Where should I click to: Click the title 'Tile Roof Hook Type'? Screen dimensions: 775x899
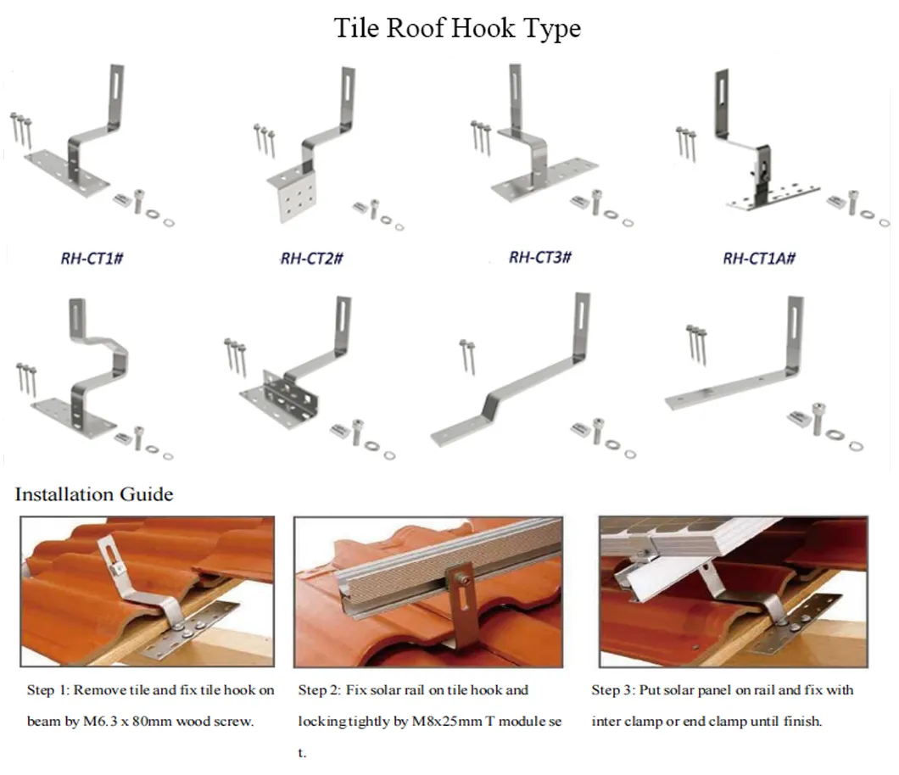pos(457,28)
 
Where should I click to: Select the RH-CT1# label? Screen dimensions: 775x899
pos(90,258)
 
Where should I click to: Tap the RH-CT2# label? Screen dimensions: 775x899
pos(311,258)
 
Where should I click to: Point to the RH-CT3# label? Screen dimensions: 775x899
pos(539,257)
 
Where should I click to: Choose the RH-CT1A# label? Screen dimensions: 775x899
pos(758,258)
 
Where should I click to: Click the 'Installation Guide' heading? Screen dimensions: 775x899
pos(94,493)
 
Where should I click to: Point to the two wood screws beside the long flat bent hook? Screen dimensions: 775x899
pos(467,355)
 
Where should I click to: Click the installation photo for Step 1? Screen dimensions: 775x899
pos(148,591)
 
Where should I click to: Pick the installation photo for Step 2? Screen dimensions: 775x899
pos(428,591)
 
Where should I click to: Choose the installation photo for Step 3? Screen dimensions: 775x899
pos(733,591)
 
